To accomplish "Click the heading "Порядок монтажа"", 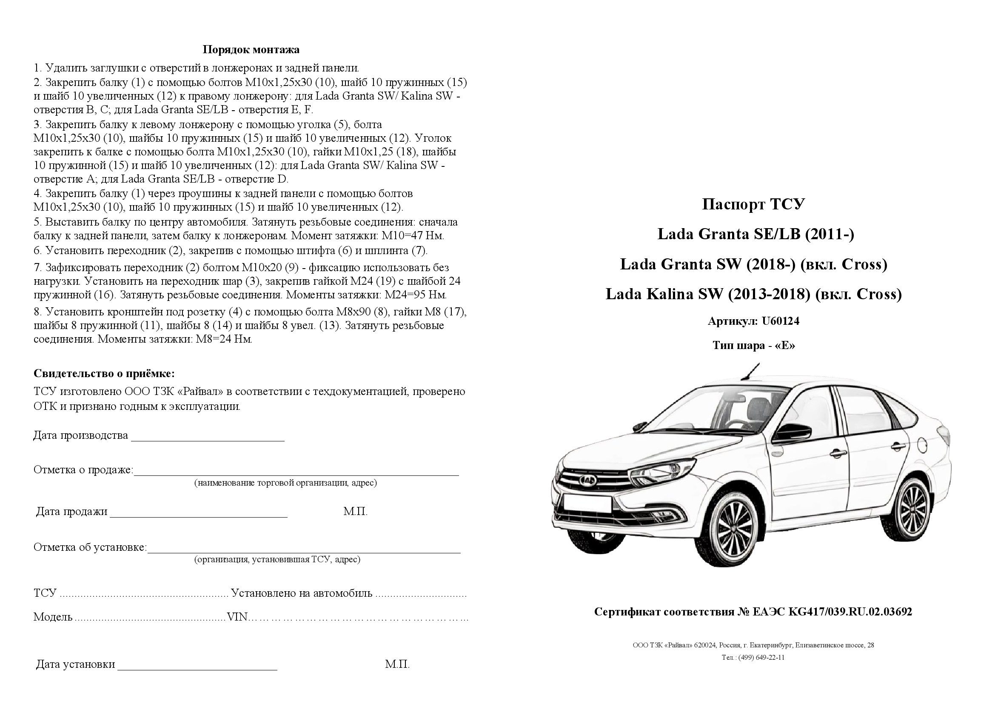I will (x=251, y=50).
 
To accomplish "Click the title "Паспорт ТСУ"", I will (x=753, y=204).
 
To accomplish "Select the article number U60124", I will (x=781, y=321).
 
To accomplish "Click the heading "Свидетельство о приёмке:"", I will (x=104, y=373).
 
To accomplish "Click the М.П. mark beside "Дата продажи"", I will (x=355, y=512).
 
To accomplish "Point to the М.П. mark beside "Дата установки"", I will (x=397, y=664).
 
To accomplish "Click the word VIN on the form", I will (x=237, y=617).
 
